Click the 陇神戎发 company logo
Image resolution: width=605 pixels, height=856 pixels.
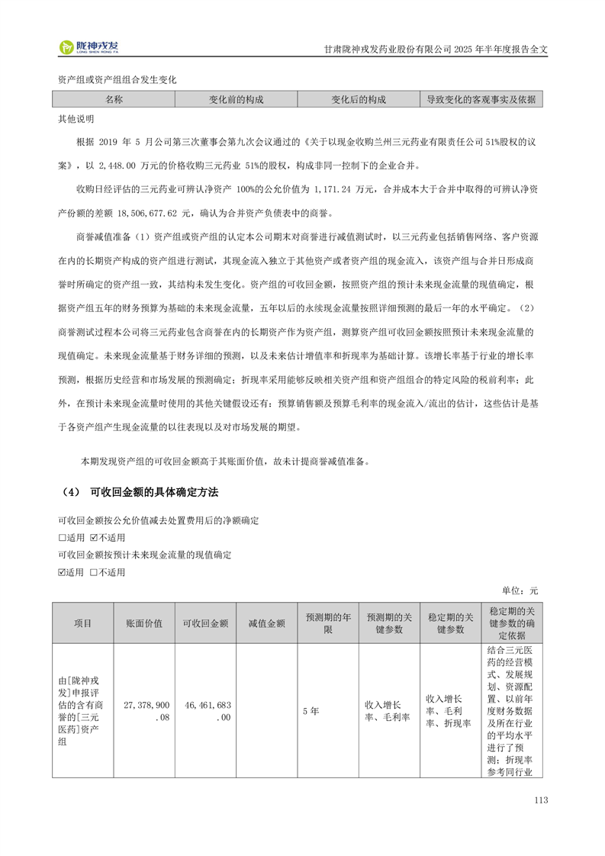(x=90, y=47)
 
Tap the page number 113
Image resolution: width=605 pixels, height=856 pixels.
(x=542, y=800)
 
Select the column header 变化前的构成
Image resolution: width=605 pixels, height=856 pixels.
(x=236, y=100)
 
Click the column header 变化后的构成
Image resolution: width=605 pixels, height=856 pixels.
(x=358, y=100)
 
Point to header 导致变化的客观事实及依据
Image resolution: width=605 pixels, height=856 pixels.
(x=481, y=100)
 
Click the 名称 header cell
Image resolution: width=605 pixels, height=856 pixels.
(x=114, y=100)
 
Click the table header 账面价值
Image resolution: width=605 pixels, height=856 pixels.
(x=144, y=623)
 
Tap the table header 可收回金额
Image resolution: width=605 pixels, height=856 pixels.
(x=206, y=623)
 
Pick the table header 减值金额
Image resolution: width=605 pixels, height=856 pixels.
(x=267, y=623)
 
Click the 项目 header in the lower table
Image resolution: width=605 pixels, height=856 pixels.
(x=82, y=623)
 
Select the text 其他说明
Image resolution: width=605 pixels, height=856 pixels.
(x=76, y=120)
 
